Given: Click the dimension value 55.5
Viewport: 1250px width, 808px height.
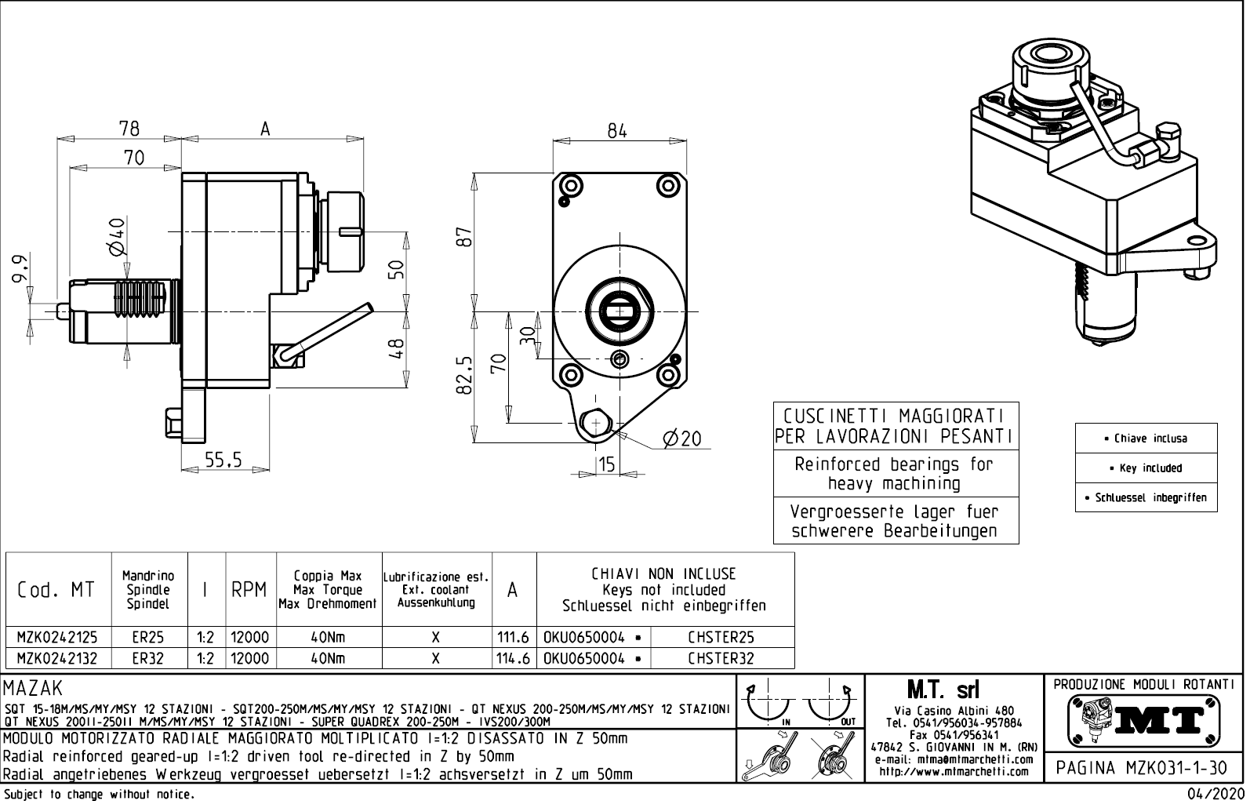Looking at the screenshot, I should (223, 460).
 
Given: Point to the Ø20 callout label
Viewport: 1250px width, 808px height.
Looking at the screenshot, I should (681, 439).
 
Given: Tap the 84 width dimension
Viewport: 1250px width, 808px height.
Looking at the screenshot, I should (618, 131).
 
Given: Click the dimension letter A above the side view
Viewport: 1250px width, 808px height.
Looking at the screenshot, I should (265, 129).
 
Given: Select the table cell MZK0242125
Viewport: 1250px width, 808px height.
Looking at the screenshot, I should (58, 638).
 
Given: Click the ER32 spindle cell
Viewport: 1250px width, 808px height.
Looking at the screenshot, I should (147, 659).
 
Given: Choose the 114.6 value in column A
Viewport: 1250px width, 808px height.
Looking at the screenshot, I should (514, 659).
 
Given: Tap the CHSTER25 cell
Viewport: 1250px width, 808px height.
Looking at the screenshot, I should (721, 638).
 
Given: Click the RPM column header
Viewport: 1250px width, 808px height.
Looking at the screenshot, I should (249, 590).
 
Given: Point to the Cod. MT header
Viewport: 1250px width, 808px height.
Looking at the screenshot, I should (56, 590).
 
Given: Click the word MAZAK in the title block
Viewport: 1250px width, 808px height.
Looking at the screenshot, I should (33, 690).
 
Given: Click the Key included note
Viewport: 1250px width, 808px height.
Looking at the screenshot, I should (1146, 468).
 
